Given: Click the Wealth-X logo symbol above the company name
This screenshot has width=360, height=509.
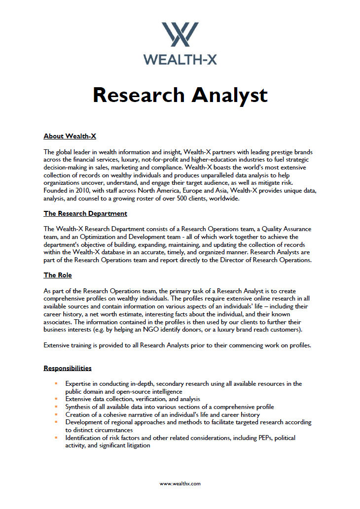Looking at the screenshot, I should [x=180, y=34].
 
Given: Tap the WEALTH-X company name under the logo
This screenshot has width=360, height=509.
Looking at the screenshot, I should [x=180, y=59].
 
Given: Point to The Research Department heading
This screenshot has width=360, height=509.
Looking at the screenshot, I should [x=85, y=213].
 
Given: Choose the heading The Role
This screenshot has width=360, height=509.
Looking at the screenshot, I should [x=58, y=275].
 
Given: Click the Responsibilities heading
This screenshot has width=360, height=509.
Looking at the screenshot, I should [x=68, y=368].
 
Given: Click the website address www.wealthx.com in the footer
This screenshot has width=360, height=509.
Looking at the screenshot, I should [x=180, y=484].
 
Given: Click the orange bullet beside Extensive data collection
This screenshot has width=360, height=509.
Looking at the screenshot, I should [x=57, y=399].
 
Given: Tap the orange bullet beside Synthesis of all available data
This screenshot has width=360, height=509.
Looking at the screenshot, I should [x=57, y=407].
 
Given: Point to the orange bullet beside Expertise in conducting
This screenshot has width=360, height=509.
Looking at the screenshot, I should [x=57, y=383].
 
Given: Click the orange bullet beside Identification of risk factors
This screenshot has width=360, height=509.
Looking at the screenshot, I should [x=57, y=438].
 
